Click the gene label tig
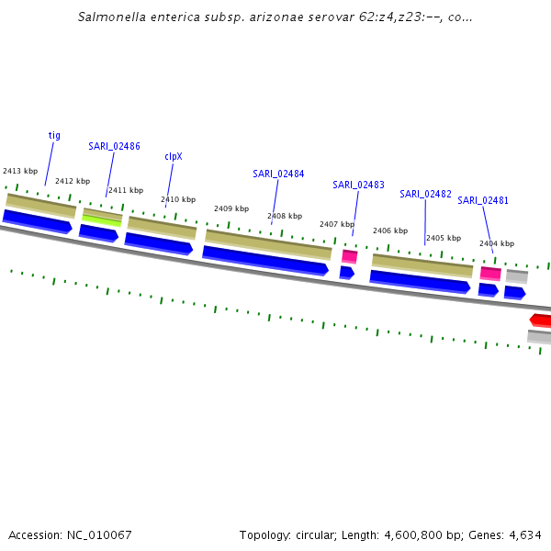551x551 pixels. (x=54, y=135)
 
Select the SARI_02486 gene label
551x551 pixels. (x=114, y=146)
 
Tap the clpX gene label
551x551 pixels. (x=174, y=156)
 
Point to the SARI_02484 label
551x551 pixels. (x=278, y=174)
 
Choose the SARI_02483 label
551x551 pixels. (x=358, y=185)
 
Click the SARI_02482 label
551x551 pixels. (x=425, y=194)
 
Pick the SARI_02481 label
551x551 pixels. (x=483, y=200)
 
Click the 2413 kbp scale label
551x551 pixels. (x=20, y=171)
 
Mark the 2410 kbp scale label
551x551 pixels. (x=178, y=199)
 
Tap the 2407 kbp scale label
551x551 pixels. (x=336, y=224)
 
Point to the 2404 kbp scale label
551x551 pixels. (x=497, y=243)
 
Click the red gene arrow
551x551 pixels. (x=541, y=320)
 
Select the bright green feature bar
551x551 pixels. (x=102, y=220)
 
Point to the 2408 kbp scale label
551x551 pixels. (x=285, y=217)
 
